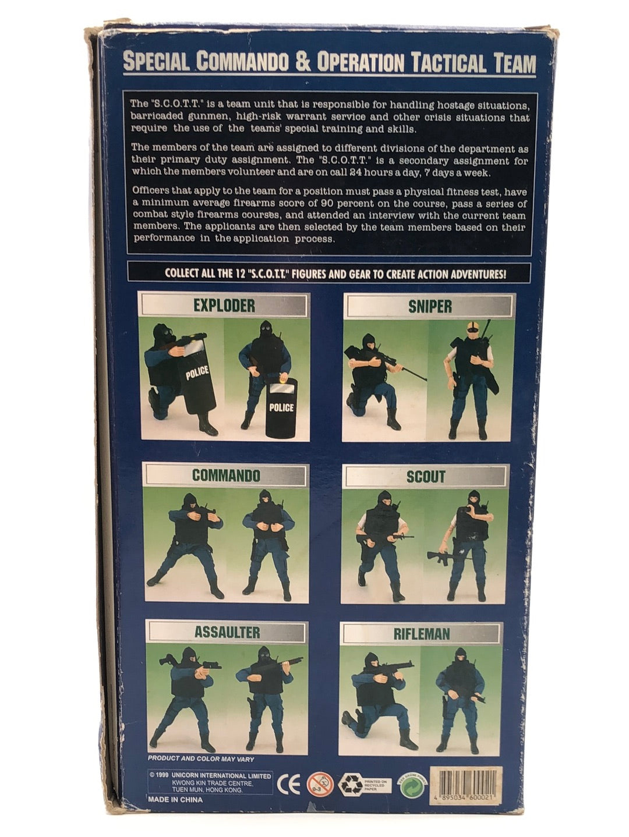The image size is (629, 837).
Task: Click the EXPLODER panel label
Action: click(224, 305)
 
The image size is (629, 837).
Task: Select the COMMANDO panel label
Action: click(226, 475)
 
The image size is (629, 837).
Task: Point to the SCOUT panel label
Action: click(426, 477)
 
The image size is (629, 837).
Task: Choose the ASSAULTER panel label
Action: click(227, 632)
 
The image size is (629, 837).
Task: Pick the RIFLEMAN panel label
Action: click(422, 634)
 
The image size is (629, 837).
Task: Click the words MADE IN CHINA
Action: click(175, 799)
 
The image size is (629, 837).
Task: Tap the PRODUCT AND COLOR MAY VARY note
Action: click(201, 758)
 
